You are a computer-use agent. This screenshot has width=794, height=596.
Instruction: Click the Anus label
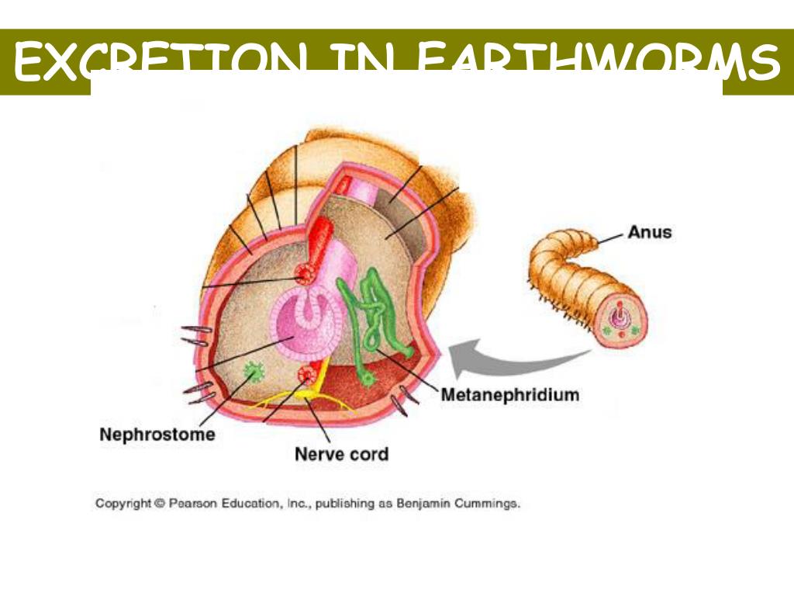pyautogui.click(x=649, y=231)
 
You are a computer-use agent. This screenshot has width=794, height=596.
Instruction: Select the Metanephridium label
pyautogui.click(x=509, y=395)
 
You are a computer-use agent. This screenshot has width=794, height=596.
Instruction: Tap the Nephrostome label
pyautogui.click(x=157, y=435)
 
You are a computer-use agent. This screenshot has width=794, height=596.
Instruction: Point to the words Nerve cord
pyautogui.click(x=341, y=453)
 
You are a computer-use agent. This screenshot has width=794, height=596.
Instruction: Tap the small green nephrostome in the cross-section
pyautogui.click(x=251, y=374)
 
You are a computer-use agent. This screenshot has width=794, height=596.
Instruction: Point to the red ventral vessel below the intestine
pyautogui.click(x=306, y=376)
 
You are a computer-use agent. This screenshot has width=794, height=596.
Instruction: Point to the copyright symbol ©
pyautogui.click(x=160, y=504)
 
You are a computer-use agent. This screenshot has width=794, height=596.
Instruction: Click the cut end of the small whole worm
pyautogui.click(x=620, y=319)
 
